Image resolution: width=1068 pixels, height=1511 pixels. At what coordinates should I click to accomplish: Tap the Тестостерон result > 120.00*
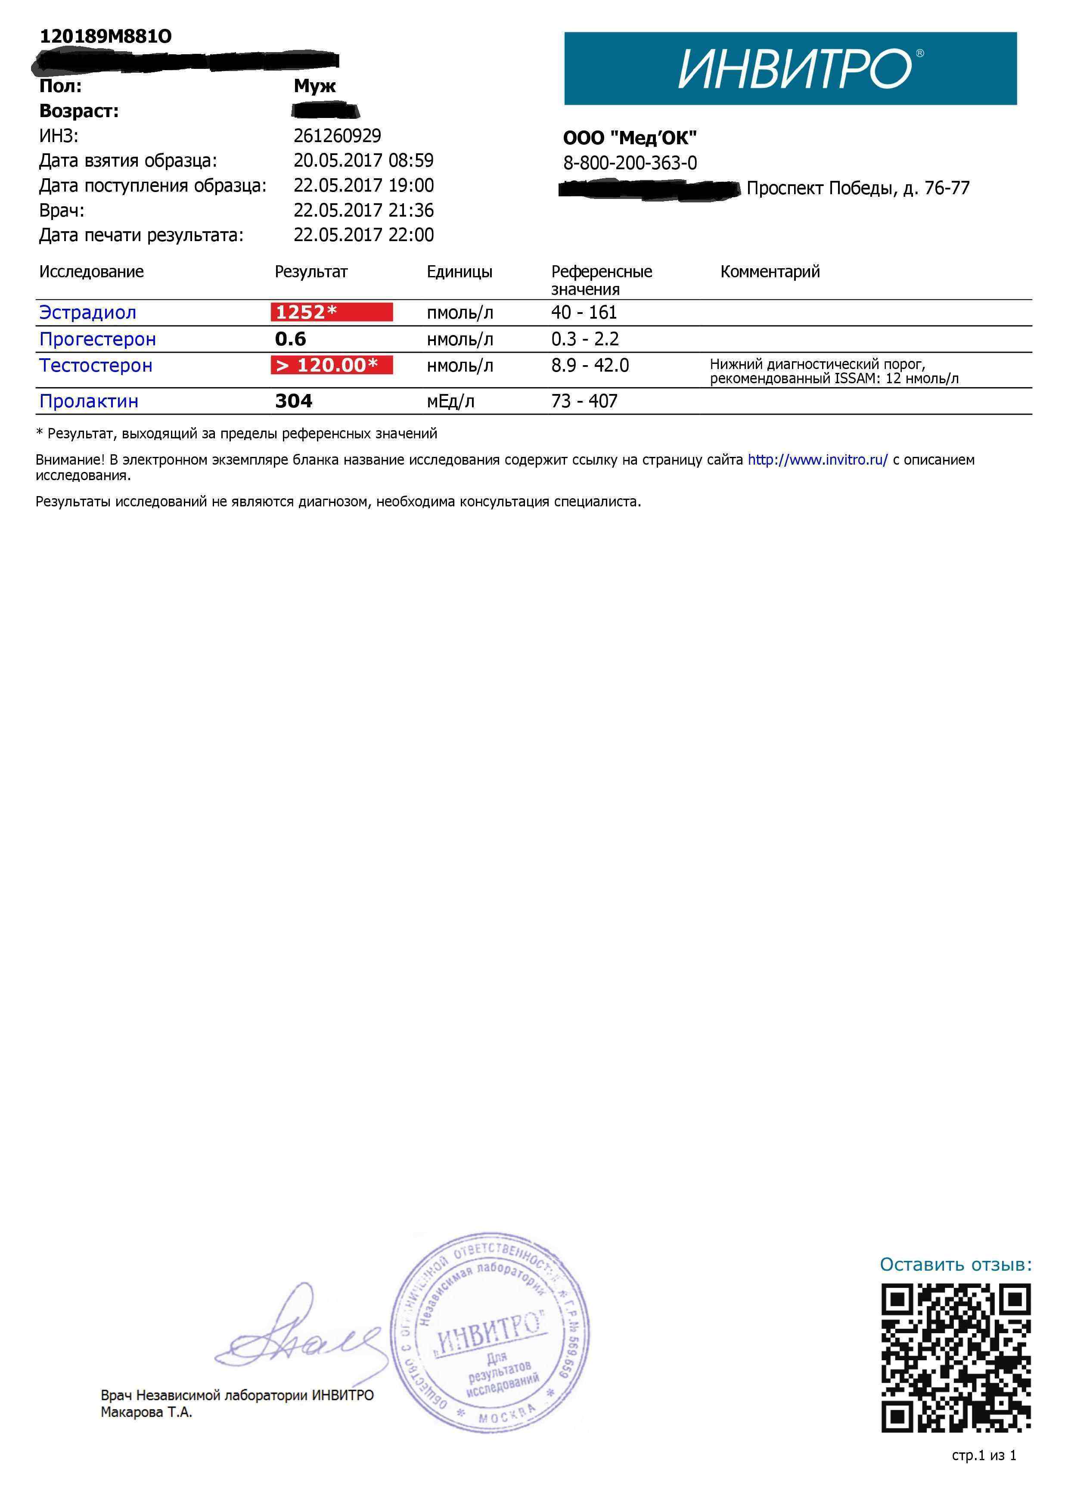331,365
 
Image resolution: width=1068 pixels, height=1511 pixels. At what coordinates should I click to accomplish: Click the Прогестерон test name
97,340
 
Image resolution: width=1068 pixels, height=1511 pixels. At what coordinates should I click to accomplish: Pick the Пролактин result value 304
294,401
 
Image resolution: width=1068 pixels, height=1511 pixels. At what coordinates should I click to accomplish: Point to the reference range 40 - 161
584,313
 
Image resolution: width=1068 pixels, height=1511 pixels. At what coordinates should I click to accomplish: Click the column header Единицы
459,272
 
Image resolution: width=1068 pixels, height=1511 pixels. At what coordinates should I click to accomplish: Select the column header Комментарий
770,272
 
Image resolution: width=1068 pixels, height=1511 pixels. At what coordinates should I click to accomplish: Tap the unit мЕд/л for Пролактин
450,401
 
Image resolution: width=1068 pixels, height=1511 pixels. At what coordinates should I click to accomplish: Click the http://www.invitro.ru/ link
817,460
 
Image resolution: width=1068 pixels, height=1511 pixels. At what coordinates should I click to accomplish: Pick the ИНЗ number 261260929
337,136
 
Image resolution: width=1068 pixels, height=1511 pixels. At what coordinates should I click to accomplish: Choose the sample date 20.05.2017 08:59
363,161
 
